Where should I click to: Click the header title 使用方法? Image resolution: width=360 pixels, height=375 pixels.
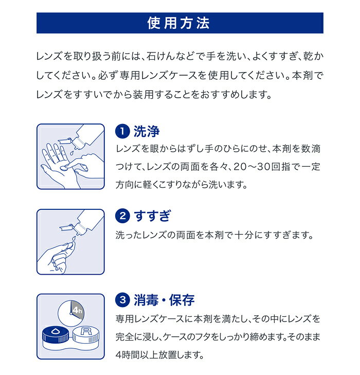[178, 23]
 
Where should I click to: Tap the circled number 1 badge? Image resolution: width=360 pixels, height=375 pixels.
[122, 131]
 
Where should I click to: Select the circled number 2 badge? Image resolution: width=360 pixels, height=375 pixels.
[122, 216]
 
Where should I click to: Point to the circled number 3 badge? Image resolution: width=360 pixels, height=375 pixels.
[122, 300]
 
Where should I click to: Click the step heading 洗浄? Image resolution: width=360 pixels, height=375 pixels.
[146, 131]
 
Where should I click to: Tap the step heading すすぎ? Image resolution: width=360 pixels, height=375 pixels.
[153, 216]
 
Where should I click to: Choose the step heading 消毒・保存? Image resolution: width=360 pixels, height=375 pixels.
[164, 300]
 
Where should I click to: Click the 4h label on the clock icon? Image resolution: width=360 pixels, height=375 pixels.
[78, 310]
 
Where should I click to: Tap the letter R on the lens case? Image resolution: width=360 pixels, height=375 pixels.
[86, 331]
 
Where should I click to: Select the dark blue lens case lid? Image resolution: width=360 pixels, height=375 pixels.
[56, 334]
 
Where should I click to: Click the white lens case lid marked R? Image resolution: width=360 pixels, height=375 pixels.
[86, 334]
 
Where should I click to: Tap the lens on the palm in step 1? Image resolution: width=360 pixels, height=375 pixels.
[63, 168]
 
